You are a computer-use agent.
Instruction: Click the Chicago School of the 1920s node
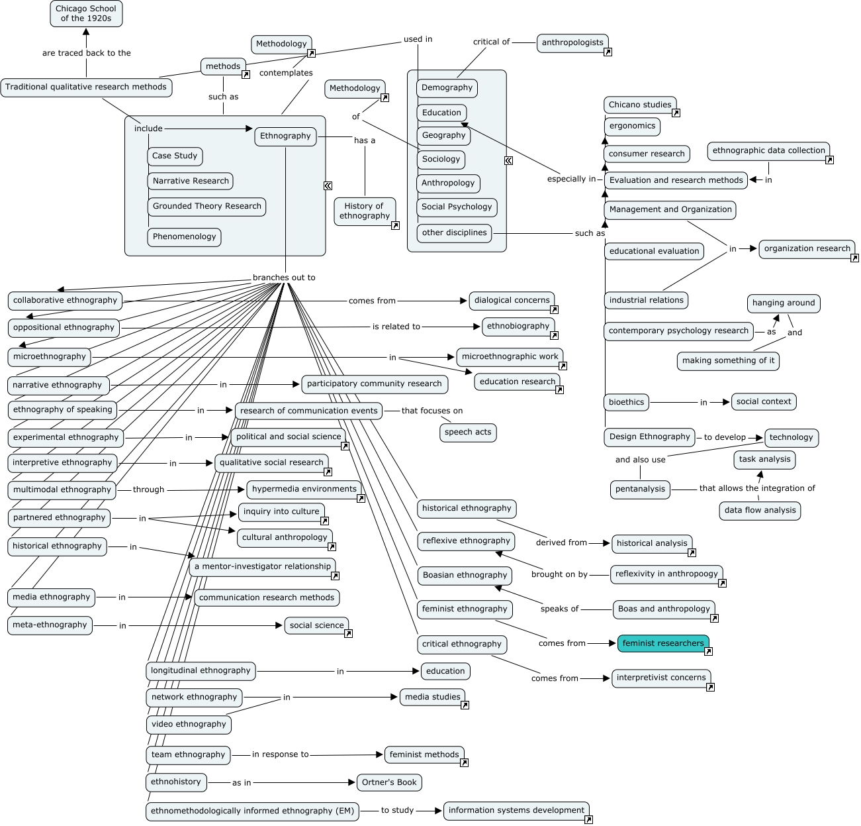click(86, 14)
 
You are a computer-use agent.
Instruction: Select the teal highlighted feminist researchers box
click(663, 643)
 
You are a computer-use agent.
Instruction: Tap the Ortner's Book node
click(389, 782)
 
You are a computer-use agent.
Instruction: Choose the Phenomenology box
click(184, 237)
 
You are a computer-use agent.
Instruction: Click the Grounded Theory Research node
click(206, 207)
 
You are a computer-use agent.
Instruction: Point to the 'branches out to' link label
click(284, 278)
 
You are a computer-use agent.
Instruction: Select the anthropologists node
click(572, 43)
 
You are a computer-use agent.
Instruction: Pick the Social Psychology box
click(457, 207)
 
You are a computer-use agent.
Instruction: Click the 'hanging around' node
click(784, 303)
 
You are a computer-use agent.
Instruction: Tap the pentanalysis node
click(640, 490)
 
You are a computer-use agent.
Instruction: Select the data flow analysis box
click(760, 511)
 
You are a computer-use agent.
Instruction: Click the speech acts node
click(468, 433)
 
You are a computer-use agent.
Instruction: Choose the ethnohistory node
click(175, 782)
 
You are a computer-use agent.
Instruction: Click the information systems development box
click(516, 811)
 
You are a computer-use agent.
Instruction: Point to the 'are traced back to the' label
click(87, 53)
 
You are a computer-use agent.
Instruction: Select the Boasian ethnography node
click(465, 576)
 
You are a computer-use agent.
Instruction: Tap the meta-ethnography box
click(50, 625)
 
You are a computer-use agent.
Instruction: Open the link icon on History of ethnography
click(395, 226)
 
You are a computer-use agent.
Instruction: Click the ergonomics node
click(632, 127)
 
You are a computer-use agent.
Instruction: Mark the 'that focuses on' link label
click(432, 411)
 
